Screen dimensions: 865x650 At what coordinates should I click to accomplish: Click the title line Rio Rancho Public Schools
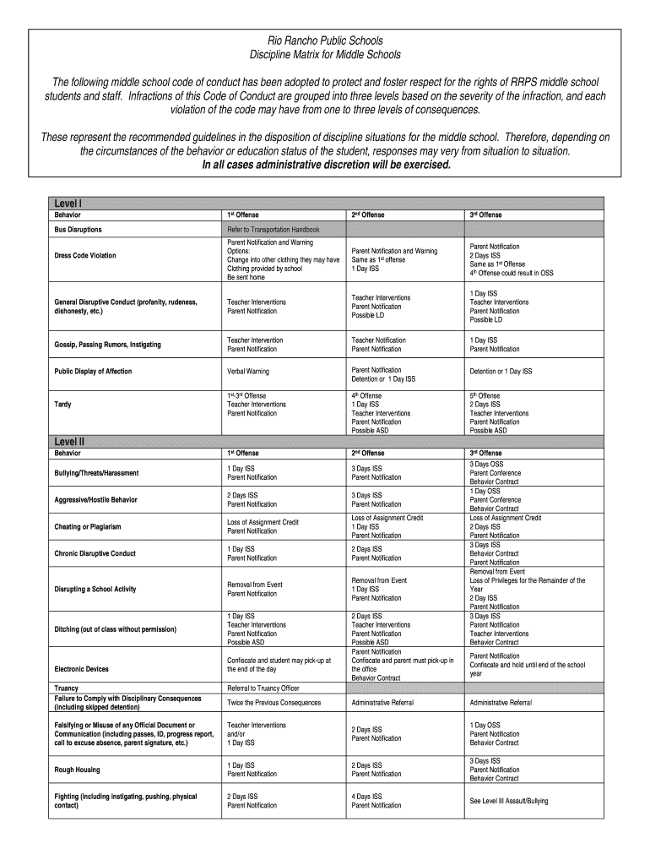point(325,41)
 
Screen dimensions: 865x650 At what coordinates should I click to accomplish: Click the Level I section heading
point(68,203)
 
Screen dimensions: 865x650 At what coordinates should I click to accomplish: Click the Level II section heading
point(70,441)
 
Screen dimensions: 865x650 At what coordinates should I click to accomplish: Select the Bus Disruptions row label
point(79,229)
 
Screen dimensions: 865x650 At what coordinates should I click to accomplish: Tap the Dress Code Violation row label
point(85,255)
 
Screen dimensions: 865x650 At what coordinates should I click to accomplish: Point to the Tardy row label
point(63,405)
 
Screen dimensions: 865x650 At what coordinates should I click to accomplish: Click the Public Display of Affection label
point(93,371)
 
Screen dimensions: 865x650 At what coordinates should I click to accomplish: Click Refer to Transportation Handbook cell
point(273,229)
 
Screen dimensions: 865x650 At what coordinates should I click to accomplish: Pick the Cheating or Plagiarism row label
point(88,526)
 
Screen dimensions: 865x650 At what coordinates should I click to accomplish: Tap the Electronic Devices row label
point(81,669)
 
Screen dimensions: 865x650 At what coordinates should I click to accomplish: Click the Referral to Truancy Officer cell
point(263,688)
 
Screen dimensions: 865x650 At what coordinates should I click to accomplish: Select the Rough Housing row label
point(77,770)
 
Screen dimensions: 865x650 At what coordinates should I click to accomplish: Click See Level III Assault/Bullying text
point(508,801)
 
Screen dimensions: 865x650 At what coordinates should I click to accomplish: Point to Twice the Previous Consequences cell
point(274,702)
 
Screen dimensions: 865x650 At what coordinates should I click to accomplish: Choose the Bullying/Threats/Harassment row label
point(96,472)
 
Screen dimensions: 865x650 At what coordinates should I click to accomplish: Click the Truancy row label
point(67,688)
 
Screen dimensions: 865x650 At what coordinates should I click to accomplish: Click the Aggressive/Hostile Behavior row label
point(95,499)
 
